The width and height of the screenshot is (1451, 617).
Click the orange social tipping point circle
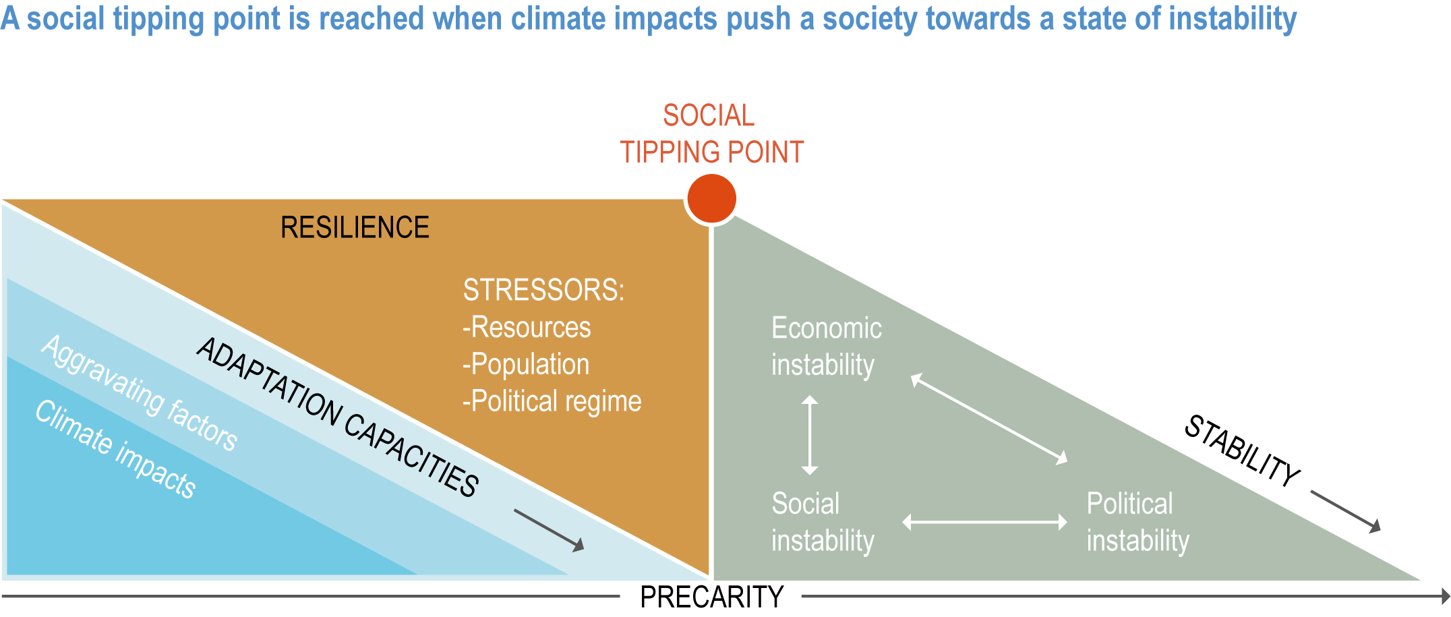coord(711,198)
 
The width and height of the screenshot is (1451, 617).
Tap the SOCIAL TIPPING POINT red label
coord(711,134)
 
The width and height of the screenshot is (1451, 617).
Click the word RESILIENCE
coord(355,227)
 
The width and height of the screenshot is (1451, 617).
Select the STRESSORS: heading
coord(543,290)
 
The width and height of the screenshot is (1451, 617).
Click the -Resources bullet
coord(527,327)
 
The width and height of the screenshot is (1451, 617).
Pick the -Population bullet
coord(526,364)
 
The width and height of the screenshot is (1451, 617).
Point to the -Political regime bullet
coord(552,401)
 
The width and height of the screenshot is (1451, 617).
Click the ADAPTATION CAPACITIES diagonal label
coord(338,417)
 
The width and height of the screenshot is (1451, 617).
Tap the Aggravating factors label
coord(140,392)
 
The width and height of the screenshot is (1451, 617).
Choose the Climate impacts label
coord(116,449)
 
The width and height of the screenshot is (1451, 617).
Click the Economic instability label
coord(827,347)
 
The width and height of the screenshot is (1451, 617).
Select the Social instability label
coord(823,522)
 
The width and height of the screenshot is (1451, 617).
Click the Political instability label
coord(1138,522)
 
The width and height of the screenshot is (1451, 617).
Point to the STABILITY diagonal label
coord(1242,450)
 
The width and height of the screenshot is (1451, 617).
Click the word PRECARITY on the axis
coord(711,597)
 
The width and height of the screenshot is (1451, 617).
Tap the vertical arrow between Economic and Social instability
coord(810,435)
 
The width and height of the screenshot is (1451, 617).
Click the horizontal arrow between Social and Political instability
coord(984,522)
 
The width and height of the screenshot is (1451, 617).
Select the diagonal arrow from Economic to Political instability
coord(989,419)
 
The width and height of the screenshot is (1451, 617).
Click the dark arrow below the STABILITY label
coord(1346,512)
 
